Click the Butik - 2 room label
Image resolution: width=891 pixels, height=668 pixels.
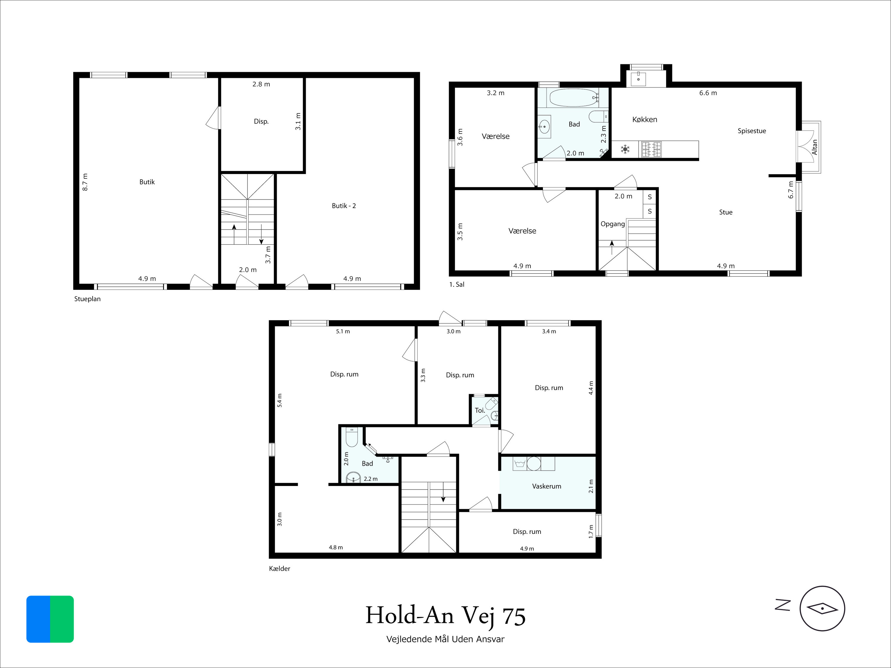pyautogui.click(x=344, y=206)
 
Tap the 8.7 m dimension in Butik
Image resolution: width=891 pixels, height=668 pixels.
pyautogui.click(x=85, y=182)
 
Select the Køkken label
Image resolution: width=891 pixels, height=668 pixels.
pyautogui.click(x=644, y=120)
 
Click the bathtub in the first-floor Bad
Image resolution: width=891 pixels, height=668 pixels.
pyautogui.click(x=574, y=97)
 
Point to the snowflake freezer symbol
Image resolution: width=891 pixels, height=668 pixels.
pyautogui.click(x=625, y=149)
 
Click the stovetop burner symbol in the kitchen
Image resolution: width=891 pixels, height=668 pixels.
pyautogui.click(x=651, y=149)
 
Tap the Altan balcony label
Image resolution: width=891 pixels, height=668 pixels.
pyautogui.click(x=814, y=147)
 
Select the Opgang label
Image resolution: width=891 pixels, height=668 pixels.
pyautogui.click(x=613, y=224)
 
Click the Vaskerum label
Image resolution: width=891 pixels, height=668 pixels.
pyautogui.click(x=546, y=486)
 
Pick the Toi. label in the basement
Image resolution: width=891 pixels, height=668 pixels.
pyautogui.click(x=480, y=410)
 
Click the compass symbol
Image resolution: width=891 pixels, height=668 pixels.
pyautogui.click(x=822, y=608)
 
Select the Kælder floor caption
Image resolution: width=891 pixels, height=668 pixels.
pyautogui.click(x=279, y=569)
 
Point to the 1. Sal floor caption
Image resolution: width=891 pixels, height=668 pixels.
pyautogui.click(x=457, y=284)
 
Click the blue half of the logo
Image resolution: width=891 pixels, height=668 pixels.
pyautogui.click(x=38, y=619)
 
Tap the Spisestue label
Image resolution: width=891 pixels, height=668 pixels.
pyautogui.click(x=752, y=131)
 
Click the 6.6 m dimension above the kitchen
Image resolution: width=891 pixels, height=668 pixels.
pyautogui.click(x=708, y=93)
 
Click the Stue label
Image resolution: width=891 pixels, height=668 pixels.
pyautogui.click(x=726, y=212)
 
